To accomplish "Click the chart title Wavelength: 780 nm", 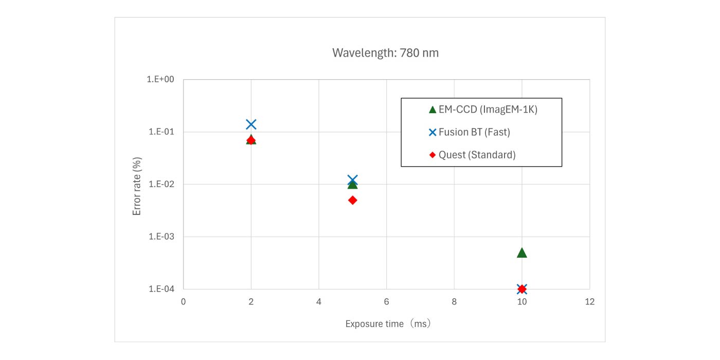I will point(385,52).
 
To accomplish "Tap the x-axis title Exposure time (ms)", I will point(387,324).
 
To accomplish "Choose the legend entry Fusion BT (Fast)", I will point(474,132).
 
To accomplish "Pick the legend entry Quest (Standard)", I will point(477,155).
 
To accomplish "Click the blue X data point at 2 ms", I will point(251,124).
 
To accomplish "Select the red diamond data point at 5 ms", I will point(352,200).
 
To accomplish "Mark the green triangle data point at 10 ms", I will point(521,253).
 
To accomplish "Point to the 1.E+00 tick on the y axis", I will point(161,80).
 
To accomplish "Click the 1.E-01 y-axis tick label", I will point(161,132).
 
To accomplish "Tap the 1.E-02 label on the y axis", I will point(161,185).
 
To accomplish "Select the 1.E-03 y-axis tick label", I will point(161,237).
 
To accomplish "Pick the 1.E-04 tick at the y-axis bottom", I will point(161,289).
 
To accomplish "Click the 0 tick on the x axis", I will point(183,302).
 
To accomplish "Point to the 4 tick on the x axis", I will point(319,302).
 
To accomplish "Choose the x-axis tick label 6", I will point(386,302).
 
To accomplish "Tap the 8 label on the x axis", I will point(454,302).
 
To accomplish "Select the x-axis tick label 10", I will point(521,302).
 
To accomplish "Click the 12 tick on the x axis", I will point(589,302).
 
